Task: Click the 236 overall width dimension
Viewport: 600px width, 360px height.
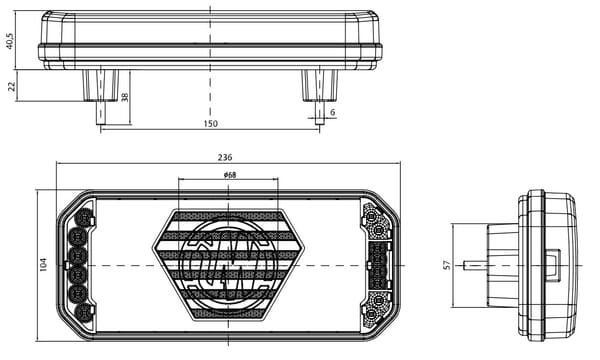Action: [x=225, y=157]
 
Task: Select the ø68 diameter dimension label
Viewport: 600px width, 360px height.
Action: [x=230, y=175]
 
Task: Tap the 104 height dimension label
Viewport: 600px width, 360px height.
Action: [x=44, y=264]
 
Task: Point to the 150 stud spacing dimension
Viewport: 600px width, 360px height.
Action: [x=210, y=124]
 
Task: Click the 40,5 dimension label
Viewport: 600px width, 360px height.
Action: [x=10, y=41]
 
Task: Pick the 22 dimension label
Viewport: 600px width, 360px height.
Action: [x=12, y=86]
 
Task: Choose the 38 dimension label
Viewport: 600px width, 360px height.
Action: [x=125, y=97]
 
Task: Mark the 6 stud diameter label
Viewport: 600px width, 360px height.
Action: [x=333, y=112]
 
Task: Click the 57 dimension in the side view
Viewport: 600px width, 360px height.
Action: [x=447, y=265]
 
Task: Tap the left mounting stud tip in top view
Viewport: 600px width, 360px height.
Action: [x=101, y=122]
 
